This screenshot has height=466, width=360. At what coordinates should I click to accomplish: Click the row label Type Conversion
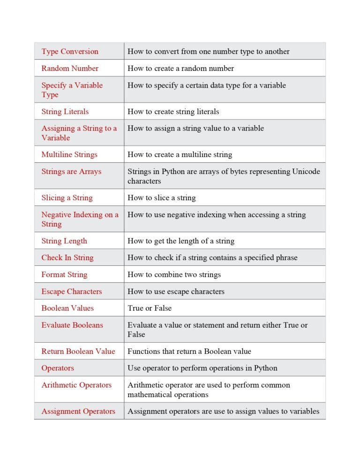click(x=70, y=52)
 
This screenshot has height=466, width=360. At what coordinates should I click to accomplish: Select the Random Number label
click(x=70, y=68)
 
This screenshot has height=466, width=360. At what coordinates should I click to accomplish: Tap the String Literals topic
click(x=65, y=112)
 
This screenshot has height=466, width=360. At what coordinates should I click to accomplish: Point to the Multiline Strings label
click(x=69, y=155)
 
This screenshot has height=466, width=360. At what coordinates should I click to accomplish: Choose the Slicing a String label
click(x=67, y=198)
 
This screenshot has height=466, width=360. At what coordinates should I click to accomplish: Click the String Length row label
click(x=64, y=241)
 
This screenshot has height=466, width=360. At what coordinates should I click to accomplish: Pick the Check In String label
click(x=67, y=258)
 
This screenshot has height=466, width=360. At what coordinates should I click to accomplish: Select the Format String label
click(x=64, y=275)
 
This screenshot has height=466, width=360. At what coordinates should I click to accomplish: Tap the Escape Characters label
click(x=71, y=292)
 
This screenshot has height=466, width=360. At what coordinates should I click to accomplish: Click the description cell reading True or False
click(x=150, y=308)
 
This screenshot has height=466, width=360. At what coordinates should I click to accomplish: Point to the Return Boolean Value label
click(x=78, y=352)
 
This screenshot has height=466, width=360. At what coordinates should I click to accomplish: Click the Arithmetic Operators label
click(x=76, y=385)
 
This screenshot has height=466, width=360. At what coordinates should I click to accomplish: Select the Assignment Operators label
click(x=78, y=412)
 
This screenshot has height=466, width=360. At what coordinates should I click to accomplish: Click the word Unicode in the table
click(x=306, y=172)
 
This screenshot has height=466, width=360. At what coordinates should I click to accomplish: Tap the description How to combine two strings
click(x=174, y=275)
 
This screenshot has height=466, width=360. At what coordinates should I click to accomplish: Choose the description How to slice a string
click(x=161, y=198)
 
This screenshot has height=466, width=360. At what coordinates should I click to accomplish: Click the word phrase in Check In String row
click(x=285, y=258)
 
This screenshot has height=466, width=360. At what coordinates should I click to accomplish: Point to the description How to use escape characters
click(x=176, y=292)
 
